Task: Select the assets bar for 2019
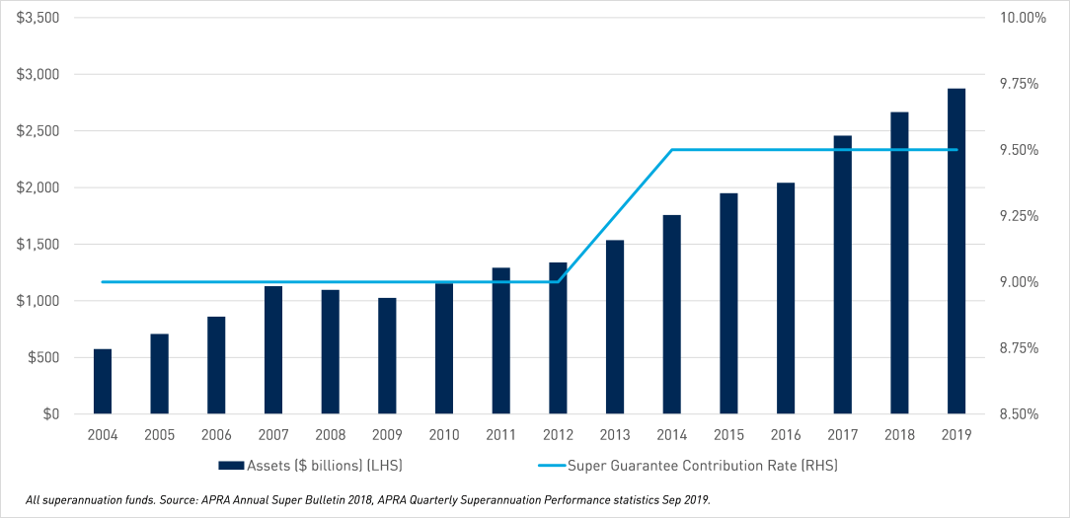coord(956,252)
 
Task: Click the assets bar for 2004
coord(103,382)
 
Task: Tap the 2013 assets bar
coord(615,327)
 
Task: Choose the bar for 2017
coord(843,275)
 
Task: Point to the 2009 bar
coord(387,356)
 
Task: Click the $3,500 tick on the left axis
coord(38,18)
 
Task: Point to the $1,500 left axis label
coord(38,245)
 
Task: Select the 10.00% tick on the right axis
coord(1022,18)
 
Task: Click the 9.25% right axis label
coord(1020,216)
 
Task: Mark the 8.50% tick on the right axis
coord(1020,414)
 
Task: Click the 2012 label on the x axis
coord(558,435)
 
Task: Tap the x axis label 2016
coord(786,435)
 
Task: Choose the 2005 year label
coord(160,435)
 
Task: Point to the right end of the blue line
coord(956,150)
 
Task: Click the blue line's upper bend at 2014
coord(672,150)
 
